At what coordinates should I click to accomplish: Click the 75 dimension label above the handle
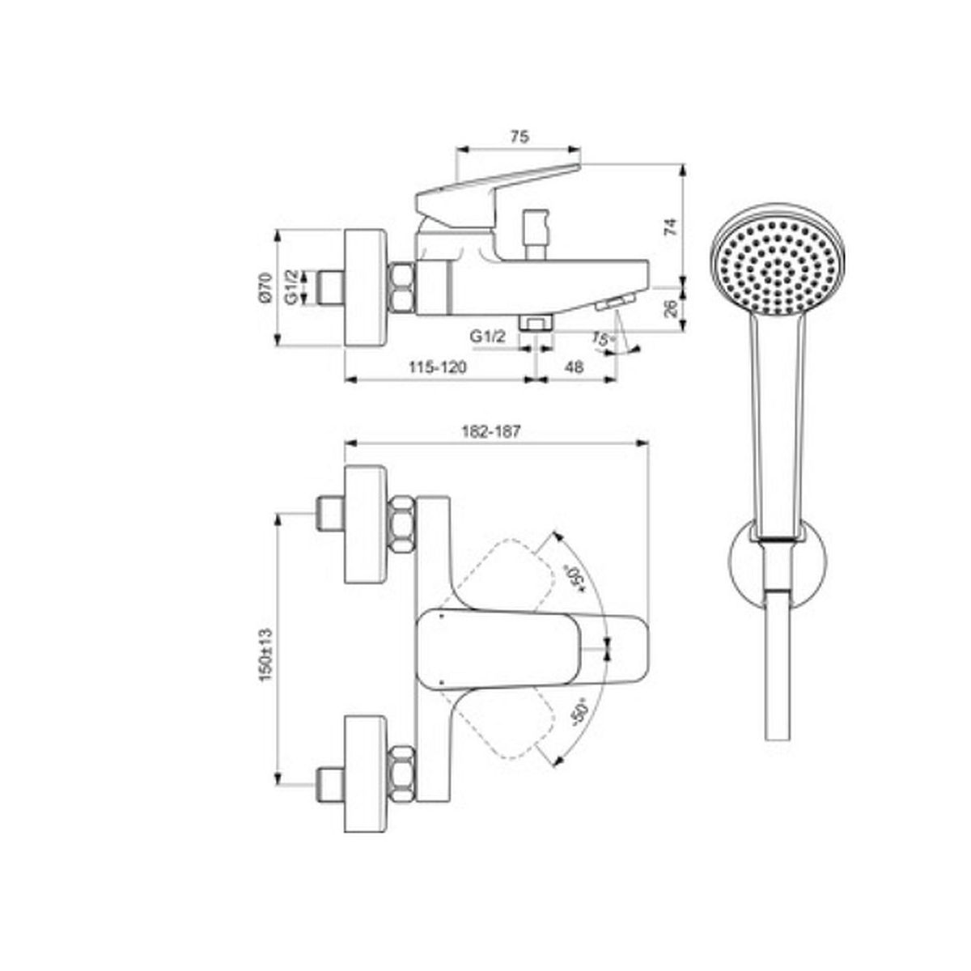tap(519, 137)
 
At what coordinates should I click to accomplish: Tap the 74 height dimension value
tap(671, 227)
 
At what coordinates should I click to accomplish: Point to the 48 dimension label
tap(574, 367)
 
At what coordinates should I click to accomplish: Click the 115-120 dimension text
tap(437, 367)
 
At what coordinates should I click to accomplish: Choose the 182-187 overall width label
tap(490, 432)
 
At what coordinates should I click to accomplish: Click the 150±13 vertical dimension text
tap(265, 654)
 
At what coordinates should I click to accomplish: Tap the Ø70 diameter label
tap(266, 288)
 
